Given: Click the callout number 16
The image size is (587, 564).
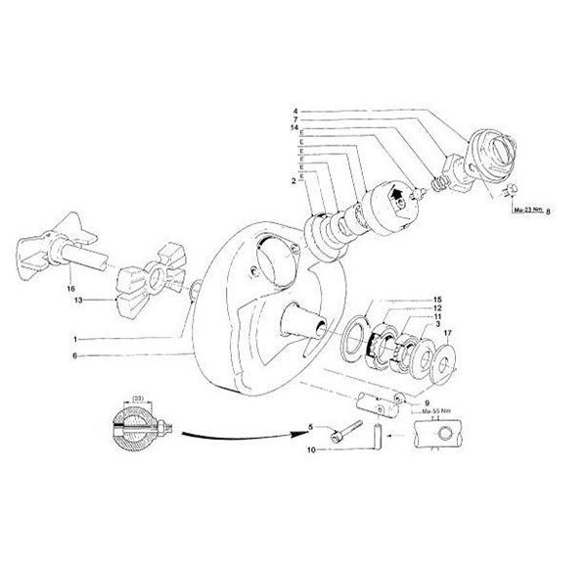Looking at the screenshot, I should coord(69,289).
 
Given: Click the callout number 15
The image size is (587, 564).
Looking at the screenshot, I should coord(439,298).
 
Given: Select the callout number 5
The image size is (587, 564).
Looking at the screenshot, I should coord(310,427).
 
